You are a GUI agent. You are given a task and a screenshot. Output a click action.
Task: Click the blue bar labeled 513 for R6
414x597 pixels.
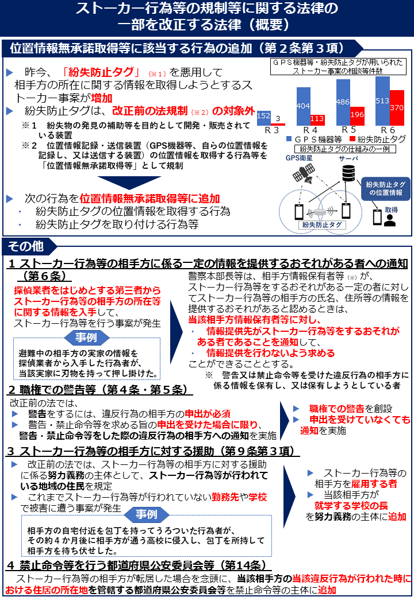tap(382, 100)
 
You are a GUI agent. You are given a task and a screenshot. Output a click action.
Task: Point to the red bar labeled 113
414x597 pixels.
tap(317, 119)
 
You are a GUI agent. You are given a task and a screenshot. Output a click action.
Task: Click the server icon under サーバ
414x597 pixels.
tap(347, 173)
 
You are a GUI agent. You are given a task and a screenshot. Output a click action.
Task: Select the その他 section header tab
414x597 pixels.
tap(26, 246)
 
